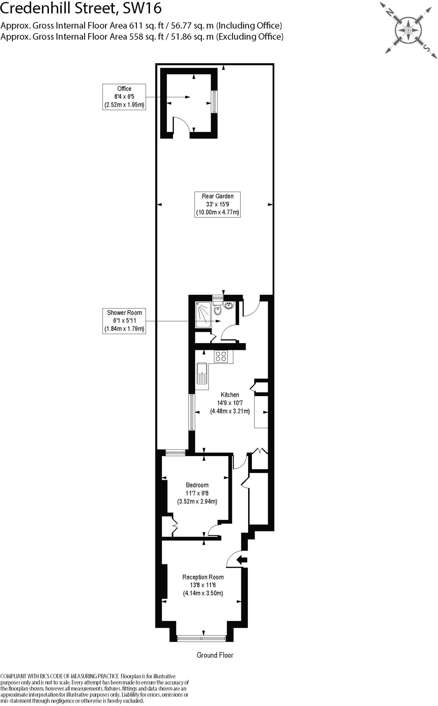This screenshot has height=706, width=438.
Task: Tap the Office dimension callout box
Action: click(124, 97)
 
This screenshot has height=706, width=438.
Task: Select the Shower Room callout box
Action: click(124, 321)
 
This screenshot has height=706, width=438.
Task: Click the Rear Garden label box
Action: click(217, 204)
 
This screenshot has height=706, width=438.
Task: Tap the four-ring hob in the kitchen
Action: click(221, 356)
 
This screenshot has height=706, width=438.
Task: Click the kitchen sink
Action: click(202, 373)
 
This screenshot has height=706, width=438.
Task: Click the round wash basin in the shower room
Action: click(229, 305)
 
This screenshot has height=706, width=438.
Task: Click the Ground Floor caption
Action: click(215, 655)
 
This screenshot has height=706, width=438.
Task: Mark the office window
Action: click(214, 102)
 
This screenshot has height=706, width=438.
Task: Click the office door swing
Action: click(181, 124)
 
